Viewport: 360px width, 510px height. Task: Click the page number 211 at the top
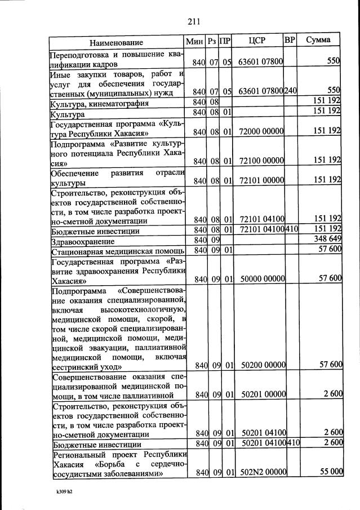pos(194,22)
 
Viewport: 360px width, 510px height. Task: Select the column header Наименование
pos(116,42)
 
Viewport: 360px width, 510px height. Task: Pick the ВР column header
pos(290,41)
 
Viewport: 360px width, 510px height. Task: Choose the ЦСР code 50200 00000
pos(263,365)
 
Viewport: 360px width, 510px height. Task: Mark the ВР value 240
pos(291,91)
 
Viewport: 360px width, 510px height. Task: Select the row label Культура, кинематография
pos(99,104)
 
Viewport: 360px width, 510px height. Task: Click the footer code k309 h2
pos(61,492)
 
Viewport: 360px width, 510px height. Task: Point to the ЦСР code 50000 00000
pos(262,278)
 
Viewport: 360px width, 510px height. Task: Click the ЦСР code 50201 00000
pos(263,394)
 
